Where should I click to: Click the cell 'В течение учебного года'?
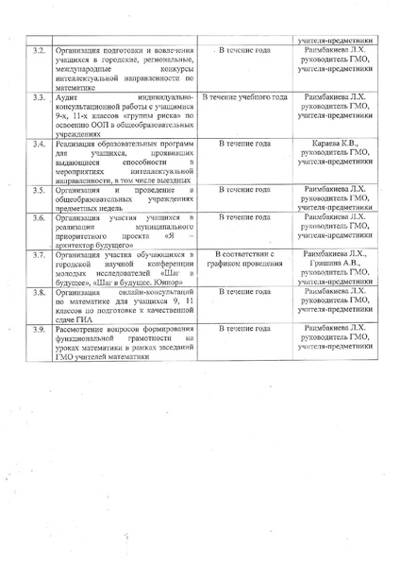(244, 97)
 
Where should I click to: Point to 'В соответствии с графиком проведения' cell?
(244, 260)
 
